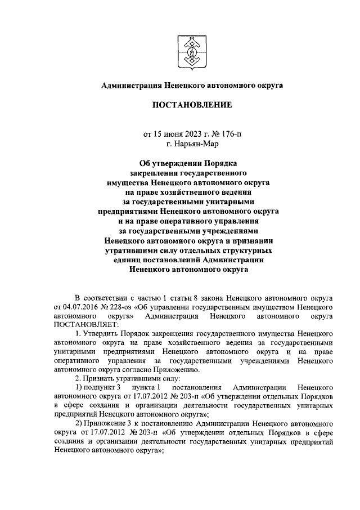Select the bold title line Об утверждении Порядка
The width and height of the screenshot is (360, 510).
click(191, 164)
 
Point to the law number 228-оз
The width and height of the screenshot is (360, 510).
click(119, 307)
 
